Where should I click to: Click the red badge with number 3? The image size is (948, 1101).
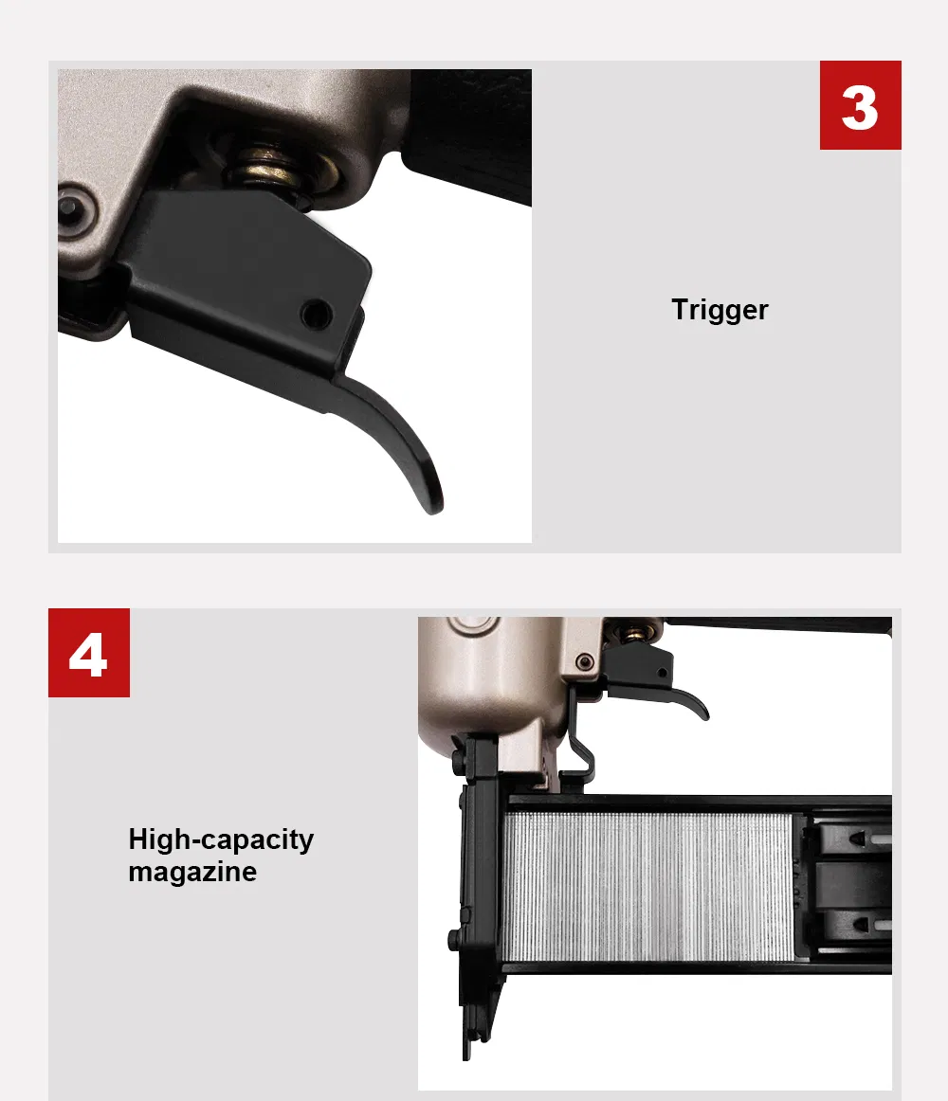[x=860, y=105]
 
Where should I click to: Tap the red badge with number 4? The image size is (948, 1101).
[x=89, y=653]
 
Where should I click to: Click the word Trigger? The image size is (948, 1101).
[x=720, y=310]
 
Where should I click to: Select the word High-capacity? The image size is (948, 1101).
[x=221, y=839]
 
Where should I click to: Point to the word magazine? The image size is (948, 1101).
[x=192, y=872]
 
